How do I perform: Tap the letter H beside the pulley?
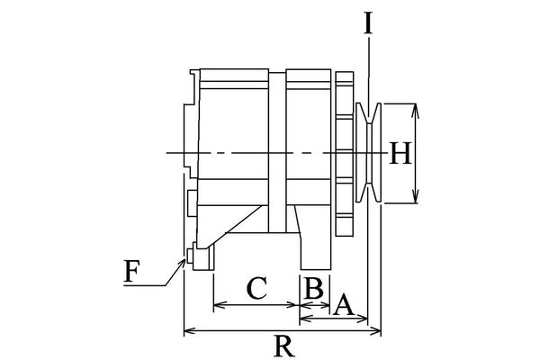pos(400,153)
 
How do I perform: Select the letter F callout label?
pos(131,272)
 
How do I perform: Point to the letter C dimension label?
pos(256,288)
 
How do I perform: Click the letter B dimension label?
pos(314,288)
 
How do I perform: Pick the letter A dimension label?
pos(343,305)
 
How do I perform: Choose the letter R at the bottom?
pos(284,346)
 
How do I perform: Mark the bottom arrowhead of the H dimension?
pos(416,198)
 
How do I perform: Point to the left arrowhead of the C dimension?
pos(219,304)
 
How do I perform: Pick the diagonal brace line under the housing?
pos(233,227)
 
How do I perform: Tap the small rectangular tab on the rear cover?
pos(192,203)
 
